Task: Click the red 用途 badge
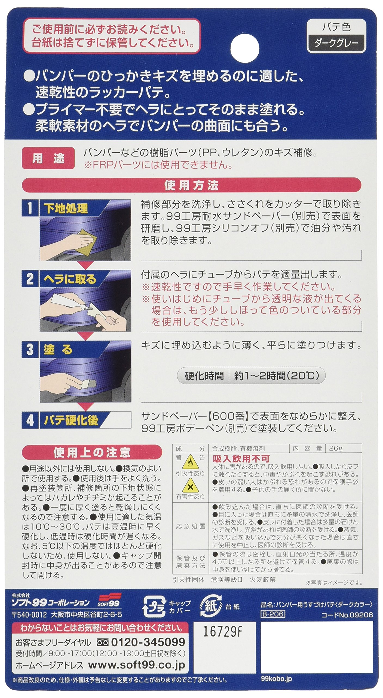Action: (x=48, y=158)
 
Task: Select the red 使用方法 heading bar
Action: (x=191, y=185)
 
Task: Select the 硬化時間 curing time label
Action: (x=204, y=376)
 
